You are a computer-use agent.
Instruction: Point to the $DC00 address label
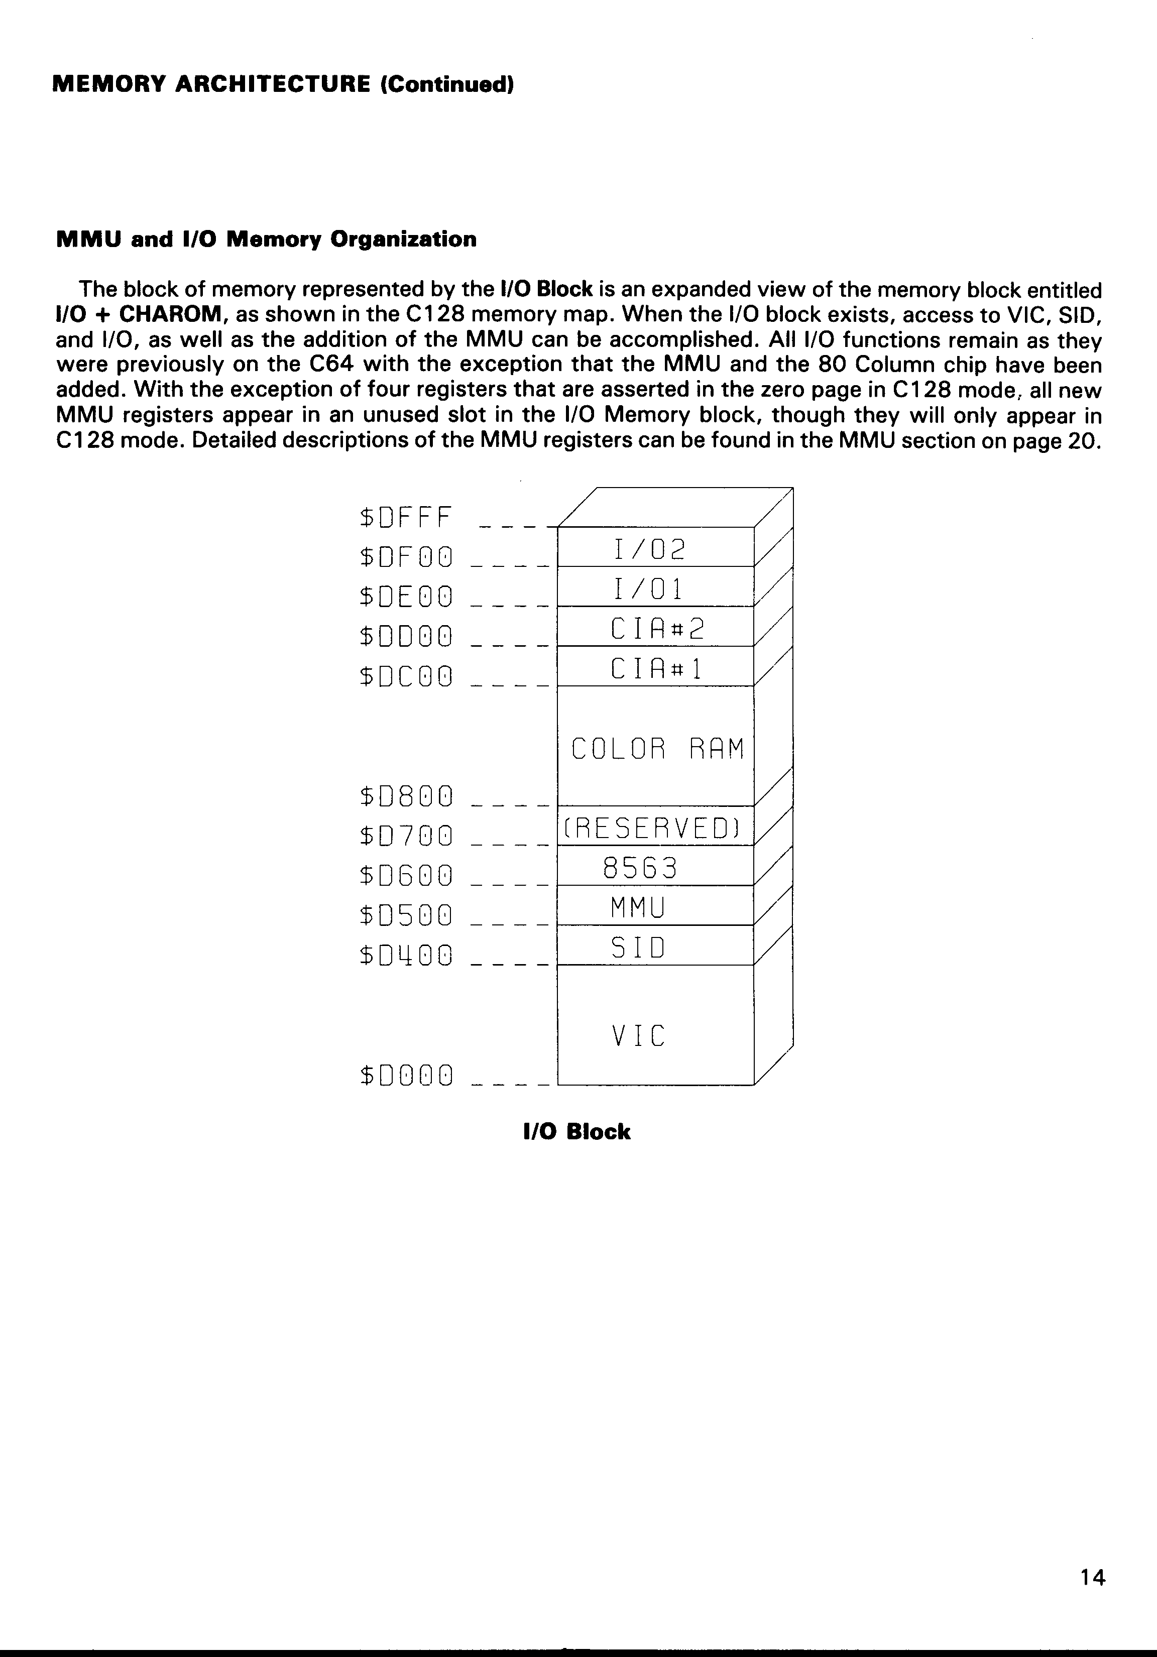coord(406,676)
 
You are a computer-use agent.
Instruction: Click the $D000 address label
coord(406,1076)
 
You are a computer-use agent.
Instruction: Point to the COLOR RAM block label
coord(657,749)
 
